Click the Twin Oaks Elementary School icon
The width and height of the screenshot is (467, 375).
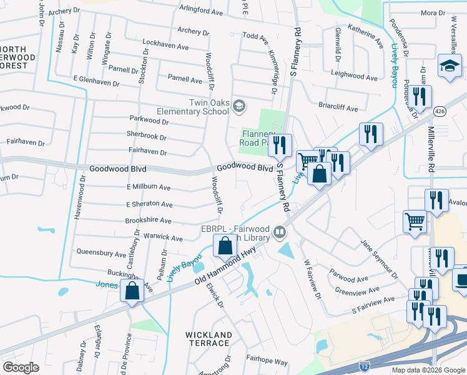point(238,107)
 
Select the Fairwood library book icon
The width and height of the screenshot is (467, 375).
point(280,234)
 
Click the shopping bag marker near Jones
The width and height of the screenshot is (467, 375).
point(132,291)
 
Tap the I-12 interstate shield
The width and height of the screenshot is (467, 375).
point(363,364)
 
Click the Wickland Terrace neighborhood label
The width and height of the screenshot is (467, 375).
point(209,339)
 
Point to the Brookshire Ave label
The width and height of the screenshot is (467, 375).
point(148,221)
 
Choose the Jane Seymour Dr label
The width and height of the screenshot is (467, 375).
point(379,258)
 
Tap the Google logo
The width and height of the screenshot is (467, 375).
point(21,367)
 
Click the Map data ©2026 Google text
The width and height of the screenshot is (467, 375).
point(428,370)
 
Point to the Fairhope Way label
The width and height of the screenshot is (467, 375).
point(267,362)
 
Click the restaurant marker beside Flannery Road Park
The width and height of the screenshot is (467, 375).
point(279,146)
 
